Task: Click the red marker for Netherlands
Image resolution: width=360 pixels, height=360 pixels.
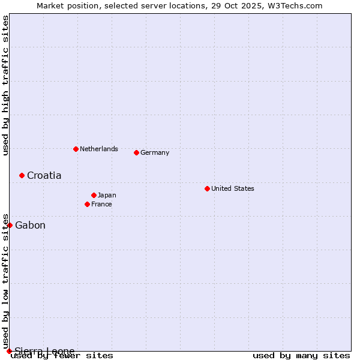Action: [x=76, y=149]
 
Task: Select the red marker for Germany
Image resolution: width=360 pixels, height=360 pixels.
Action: [x=136, y=152]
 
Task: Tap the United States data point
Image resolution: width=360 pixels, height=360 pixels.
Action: [x=207, y=188]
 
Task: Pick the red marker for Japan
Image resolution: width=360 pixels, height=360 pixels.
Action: [x=94, y=195]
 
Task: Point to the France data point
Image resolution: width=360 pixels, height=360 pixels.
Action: [x=87, y=204]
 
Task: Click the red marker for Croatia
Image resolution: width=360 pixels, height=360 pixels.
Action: [x=22, y=175]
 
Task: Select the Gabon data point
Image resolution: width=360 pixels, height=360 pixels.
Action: [x=10, y=225]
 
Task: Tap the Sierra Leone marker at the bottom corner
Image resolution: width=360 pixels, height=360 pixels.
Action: [x=9, y=351]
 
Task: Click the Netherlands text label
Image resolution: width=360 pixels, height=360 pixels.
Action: [x=98, y=149]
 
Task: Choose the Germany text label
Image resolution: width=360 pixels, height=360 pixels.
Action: [x=155, y=152]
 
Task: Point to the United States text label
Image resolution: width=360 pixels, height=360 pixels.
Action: [x=232, y=188]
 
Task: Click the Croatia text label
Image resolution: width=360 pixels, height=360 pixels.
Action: [x=44, y=175]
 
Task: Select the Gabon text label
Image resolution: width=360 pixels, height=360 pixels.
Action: [x=30, y=225]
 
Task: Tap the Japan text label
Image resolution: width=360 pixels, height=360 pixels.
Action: [x=107, y=195]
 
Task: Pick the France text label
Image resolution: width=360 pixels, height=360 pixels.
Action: [x=101, y=204]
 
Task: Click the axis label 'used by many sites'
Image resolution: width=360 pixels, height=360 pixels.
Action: [x=301, y=355]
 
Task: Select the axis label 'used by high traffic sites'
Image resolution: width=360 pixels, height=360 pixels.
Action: [x=5, y=85]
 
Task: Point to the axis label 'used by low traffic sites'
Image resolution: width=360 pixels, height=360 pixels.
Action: [x=5, y=281]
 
